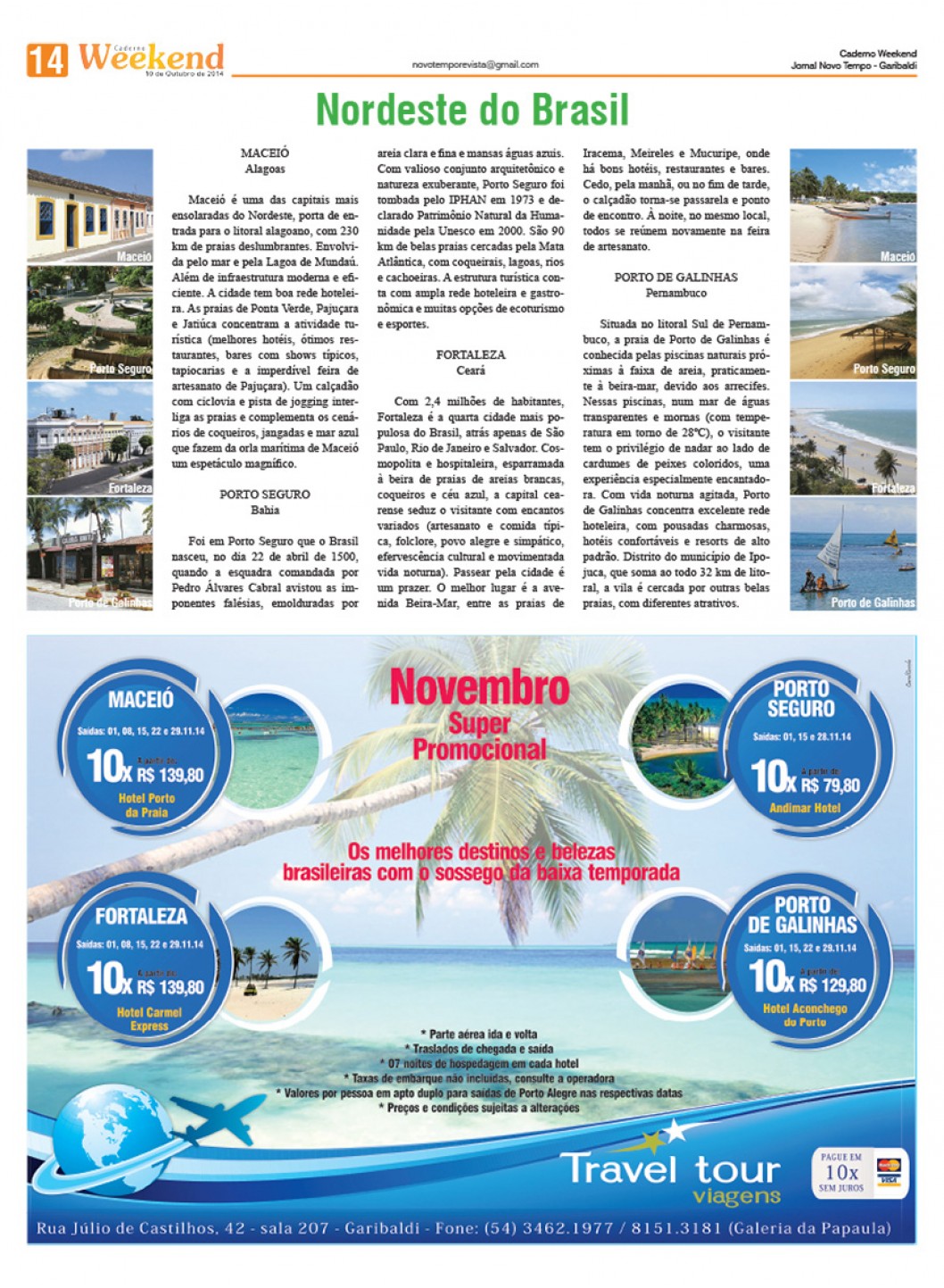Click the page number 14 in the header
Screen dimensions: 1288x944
46,60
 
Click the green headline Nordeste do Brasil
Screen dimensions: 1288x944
472,110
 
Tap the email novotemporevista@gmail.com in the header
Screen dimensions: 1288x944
475,64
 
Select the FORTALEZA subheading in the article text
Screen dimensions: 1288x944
470,354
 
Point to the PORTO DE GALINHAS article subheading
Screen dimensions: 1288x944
675,278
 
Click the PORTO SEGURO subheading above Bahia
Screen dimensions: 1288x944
265,494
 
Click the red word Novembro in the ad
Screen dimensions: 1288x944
479,688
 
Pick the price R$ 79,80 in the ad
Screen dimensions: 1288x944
830,785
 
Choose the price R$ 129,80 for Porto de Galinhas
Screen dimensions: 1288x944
832,985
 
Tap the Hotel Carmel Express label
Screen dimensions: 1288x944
149,1019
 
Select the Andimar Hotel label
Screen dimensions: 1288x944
804,808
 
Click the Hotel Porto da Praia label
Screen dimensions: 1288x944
146,805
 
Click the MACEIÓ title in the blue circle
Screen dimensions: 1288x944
141,700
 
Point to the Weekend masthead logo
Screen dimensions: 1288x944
151,58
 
